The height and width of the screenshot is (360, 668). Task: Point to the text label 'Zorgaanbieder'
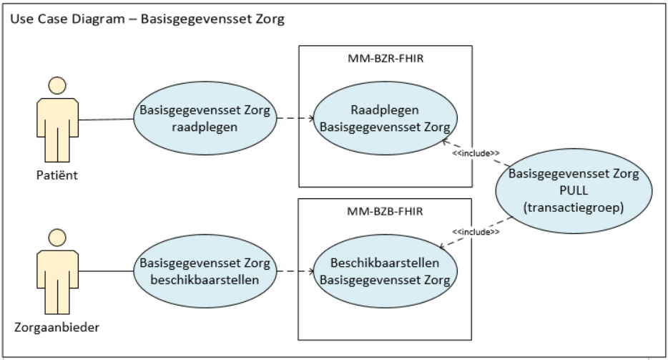coord(57,329)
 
